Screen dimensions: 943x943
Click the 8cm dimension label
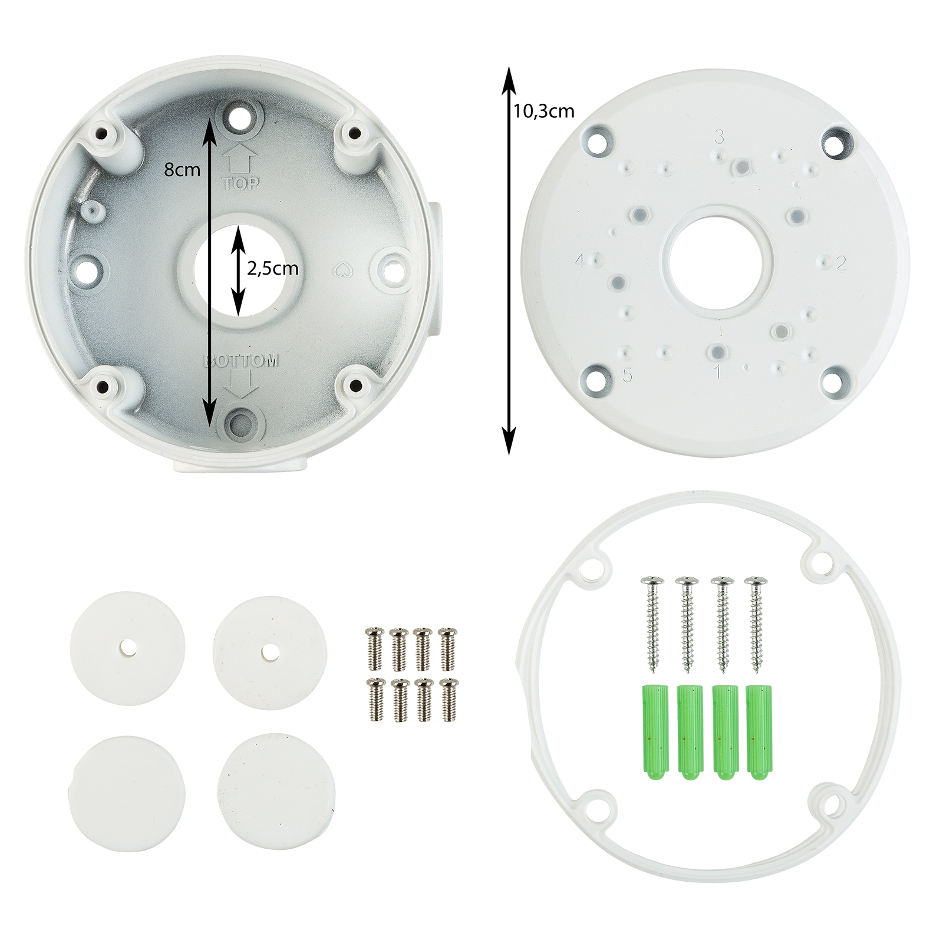click(182, 170)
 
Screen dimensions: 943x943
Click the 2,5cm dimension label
click(272, 269)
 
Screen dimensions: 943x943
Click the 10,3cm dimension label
click(543, 111)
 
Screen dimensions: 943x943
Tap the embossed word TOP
click(241, 183)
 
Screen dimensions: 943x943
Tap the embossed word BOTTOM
click(240, 361)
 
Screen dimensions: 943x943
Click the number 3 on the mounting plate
click(719, 137)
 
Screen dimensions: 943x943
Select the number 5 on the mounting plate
click(627, 375)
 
